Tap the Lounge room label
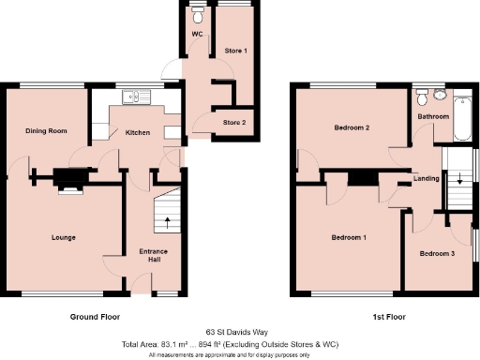[64, 237]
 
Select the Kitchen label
[138, 133]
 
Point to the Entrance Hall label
[153, 255]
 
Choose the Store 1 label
[235, 50]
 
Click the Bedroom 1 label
[348, 238]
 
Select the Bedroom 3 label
[437, 254]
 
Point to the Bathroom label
[434, 116]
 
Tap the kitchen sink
[133, 94]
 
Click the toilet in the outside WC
[197, 16]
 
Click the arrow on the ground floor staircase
[168, 222]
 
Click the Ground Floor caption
[96, 317]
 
